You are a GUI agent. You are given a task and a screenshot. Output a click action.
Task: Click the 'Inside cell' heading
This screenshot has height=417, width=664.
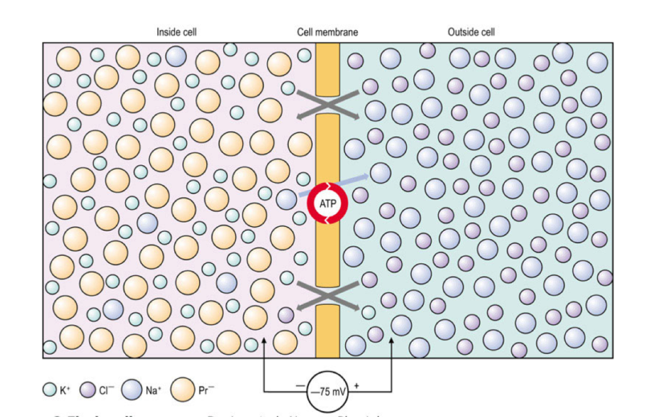[x=176, y=32]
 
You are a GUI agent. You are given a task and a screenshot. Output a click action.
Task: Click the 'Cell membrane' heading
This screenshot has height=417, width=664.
[x=327, y=32]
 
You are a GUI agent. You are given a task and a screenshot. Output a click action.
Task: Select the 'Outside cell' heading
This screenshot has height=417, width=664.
[x=471, y=32]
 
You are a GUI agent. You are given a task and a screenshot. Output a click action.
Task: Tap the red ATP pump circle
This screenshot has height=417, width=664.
[x=327, y=205]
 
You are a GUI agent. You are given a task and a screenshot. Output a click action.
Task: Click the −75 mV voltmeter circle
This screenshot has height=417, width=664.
[x=327, y=392]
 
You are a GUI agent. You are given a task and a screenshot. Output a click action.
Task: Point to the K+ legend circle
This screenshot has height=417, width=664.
[x=50, y=391]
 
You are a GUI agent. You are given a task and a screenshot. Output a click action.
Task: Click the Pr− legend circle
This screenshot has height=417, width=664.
[x=183, y=391]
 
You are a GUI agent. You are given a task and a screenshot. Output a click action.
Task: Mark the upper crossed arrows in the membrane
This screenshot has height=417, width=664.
[x=327, y=105]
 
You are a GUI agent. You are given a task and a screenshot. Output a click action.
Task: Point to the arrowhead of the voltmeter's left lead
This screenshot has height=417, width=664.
[x=263, y=341]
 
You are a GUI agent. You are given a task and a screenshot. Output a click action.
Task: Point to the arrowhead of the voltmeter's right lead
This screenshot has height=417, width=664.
[x=392, y=341]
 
